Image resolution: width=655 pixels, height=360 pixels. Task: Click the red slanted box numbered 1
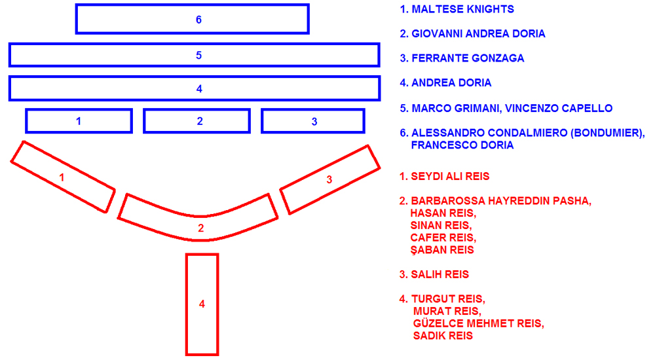pos(63,177)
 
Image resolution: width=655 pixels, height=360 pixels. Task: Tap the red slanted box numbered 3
pos(329,179)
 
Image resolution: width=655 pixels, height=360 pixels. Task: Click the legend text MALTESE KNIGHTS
pos(463,9)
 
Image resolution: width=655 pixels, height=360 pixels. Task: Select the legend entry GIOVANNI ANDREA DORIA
pos(478,34)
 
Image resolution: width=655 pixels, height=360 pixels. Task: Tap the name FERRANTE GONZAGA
pos(468,58)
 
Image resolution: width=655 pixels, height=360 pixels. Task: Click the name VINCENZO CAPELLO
pos(559,108)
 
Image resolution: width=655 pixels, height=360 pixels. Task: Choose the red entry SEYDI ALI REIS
pos(450,176)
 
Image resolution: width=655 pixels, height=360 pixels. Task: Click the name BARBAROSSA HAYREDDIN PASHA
pos(501,201)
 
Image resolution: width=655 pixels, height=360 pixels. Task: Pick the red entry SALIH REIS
pos(440,274)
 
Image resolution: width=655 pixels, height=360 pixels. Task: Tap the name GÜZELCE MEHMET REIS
pos(478,323)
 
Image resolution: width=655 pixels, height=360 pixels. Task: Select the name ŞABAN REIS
pos(442,250)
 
